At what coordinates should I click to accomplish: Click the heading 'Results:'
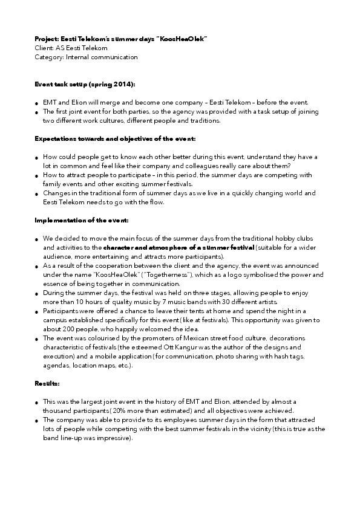(x=46, y=383)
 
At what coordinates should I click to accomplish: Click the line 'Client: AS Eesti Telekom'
(x=71, y=48)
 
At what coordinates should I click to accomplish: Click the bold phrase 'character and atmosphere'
(x=140, y=248)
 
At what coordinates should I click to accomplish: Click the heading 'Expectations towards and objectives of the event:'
(x=115, y=139)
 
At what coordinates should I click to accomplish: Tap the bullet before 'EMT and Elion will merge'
(x=38, y=103)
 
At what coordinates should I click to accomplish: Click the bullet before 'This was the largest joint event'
(x=38, y=403)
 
